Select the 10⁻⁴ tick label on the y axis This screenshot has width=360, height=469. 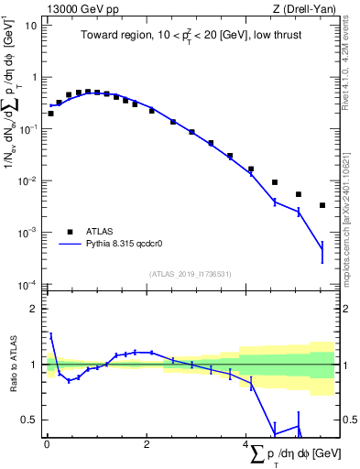click(29, 285)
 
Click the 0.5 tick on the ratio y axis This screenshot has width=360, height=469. click(30, 420)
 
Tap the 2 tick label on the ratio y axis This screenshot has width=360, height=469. click(34, 309)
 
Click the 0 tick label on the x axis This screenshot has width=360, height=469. click(47, 445)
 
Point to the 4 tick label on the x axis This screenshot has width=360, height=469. click(246, 445)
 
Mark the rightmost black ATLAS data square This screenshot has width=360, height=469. click(322, 205)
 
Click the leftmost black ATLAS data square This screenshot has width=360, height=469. click(50, 114)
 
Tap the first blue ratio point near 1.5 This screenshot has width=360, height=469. click(50, 335)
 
